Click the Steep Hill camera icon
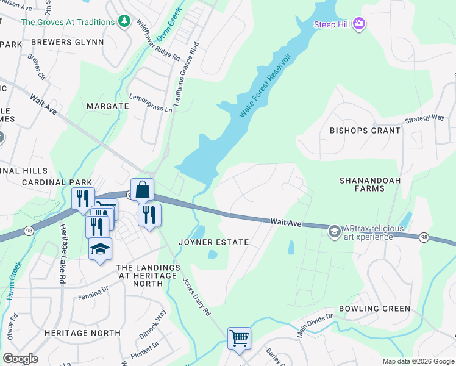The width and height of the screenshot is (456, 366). tap(359, 24)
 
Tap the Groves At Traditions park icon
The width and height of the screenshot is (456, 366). tap(124, 22)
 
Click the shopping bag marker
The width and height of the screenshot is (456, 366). tap(142, 190)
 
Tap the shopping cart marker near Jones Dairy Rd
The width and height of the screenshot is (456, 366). tap(239, 338)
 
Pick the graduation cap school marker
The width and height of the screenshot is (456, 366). tap(101, 249)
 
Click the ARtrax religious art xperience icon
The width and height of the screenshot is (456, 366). tap(334, 232)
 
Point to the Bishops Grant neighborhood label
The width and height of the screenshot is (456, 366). tap(365, 131)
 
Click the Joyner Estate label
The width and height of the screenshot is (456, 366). tap(213, 242)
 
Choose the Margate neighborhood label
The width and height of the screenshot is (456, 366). tap(107, 106)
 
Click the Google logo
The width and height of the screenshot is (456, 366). tap(21, 359)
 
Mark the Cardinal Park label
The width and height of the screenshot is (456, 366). tap(57, 182)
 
